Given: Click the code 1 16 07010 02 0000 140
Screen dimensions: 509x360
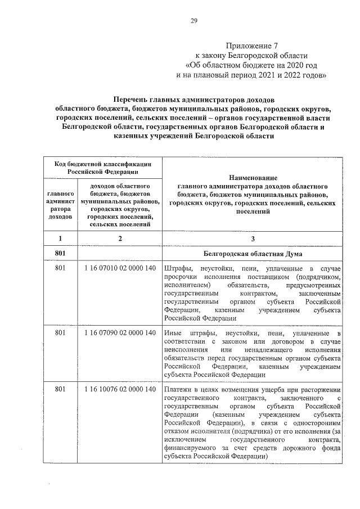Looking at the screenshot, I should pyautogui.click(x=119, y=268).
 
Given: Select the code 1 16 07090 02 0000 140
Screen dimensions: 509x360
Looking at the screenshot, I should pyautogui.click(x=119, y=334).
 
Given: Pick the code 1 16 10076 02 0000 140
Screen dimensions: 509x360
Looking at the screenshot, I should pyautogui.click(x=119, y=389).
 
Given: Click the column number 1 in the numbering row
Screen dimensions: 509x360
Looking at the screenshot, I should pyautogui.click(x=60, y=238).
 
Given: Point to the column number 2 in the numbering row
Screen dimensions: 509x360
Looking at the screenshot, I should pyautogui.click(x=119, y=238).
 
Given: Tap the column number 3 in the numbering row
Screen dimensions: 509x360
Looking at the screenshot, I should pyautogui.click(x=253, y=238).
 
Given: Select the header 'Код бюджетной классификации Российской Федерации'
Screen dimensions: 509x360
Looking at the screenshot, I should pyautogui.click(x=101, y=167).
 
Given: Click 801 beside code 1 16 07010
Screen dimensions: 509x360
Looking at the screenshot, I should pyautogui.click(x=60, y=268).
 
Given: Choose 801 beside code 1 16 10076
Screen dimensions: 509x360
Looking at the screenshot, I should pyautogui.click(x=60, y=389).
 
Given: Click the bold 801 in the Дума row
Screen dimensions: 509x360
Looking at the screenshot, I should pyautogui.click(x=60, y=254).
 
